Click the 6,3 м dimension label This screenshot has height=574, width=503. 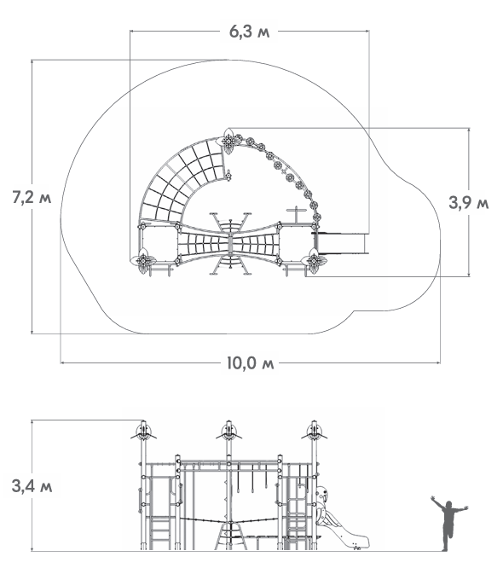(249, 32)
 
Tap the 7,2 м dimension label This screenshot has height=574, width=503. (32, 197)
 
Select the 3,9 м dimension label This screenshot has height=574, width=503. (469, 202)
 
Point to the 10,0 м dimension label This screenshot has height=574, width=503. (250, 363)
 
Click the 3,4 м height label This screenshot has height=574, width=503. (32, 486)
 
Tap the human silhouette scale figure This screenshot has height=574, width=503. (449, 523)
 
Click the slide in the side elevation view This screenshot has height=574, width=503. (341, 519)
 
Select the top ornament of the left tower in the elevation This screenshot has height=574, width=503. (143, 432)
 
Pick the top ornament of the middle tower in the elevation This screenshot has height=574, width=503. (228, 432)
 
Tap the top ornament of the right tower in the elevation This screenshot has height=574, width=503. (314, 432)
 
